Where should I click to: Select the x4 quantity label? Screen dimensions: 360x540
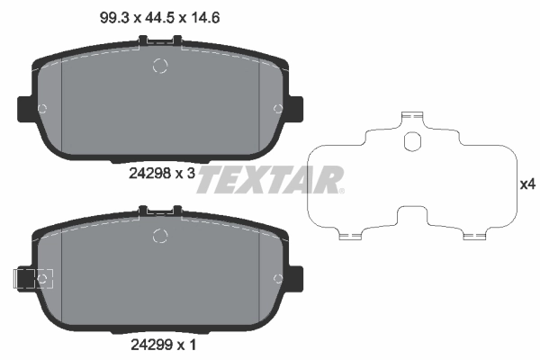pyautogui.click(x=527, y=184)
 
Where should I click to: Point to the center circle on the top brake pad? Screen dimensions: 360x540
pyautogui.click(x=161, y=66)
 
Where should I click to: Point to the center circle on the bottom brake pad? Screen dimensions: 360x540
pyautogui.click(x=161, y=237)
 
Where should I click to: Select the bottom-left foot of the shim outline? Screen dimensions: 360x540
pyautogui.click(x=350, y=236)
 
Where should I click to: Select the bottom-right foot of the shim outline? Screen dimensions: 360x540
pyautogui.click(x=473, y=236)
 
